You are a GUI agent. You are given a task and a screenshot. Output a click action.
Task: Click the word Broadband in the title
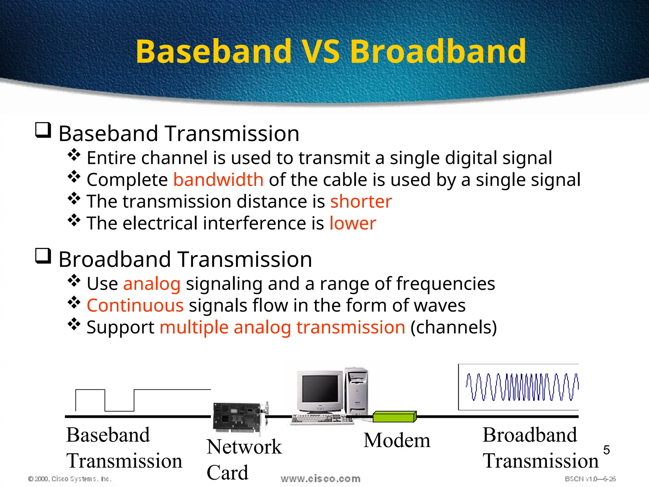click(438, 51)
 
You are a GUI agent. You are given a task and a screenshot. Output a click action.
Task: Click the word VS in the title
click(321, 51)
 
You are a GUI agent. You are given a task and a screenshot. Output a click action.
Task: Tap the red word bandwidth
click(218, 180)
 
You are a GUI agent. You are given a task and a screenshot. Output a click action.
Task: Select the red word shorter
click(361, 202)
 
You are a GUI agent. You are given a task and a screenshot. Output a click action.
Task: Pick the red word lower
click(353, 223)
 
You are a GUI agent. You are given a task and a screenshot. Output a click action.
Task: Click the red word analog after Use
click(152, 284)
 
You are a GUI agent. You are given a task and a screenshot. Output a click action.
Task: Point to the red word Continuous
click(135, 306)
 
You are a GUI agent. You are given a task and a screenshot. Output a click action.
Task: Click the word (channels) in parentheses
click(453, 327)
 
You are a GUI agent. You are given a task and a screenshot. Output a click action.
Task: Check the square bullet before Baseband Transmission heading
click(43, 130)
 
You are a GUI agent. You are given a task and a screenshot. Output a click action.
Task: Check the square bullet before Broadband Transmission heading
click(43, 256)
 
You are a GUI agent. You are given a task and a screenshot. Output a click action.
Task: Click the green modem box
click(394, 417)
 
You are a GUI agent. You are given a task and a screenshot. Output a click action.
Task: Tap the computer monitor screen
click(320, 389)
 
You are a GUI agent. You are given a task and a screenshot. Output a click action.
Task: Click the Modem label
click(397, 440)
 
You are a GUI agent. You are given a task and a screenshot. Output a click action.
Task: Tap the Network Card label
click(244, 459)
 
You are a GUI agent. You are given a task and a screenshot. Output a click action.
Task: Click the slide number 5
click(606, 450)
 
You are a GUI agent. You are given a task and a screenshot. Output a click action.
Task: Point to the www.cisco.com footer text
click(320, 479)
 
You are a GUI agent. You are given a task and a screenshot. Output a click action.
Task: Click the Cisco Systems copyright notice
click(70, 479)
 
